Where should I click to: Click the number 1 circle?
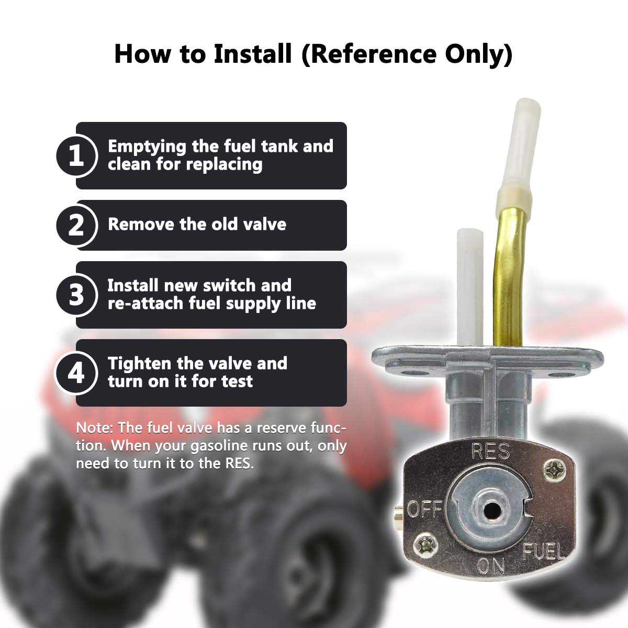[76, 156]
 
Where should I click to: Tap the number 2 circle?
[76, 226]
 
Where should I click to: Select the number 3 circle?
[76, 295]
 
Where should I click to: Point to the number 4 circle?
[76, 373]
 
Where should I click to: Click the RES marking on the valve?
[490, 451]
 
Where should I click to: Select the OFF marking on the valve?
[424, 508]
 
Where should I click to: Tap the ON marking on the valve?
[491, 566]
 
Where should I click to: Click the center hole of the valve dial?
[490, 508]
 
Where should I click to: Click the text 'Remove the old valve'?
[197, 225]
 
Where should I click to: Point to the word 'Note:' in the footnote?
[95, 428]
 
